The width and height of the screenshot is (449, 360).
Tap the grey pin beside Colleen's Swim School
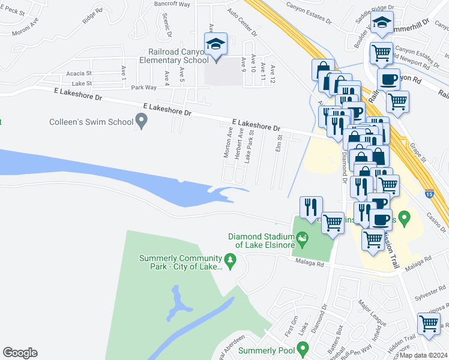coord(142,121)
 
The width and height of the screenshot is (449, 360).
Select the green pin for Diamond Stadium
coord(302,240)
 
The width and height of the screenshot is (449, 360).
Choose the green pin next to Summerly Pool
coord(303,348)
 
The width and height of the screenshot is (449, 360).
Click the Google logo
coord(20,353)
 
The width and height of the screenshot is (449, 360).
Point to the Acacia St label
coord(79,73)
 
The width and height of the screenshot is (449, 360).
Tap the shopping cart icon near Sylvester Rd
coord(429,324)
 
